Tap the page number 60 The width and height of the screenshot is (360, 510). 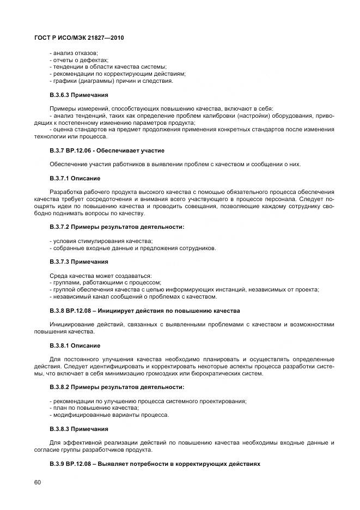coord(38,482)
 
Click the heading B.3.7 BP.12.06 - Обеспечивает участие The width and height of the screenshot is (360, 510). coord(107,150)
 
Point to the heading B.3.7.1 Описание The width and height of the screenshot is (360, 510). coord(75,178)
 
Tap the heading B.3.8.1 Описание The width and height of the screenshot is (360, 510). coord(75,345)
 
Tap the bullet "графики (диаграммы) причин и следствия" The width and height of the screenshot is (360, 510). coord(111,81)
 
